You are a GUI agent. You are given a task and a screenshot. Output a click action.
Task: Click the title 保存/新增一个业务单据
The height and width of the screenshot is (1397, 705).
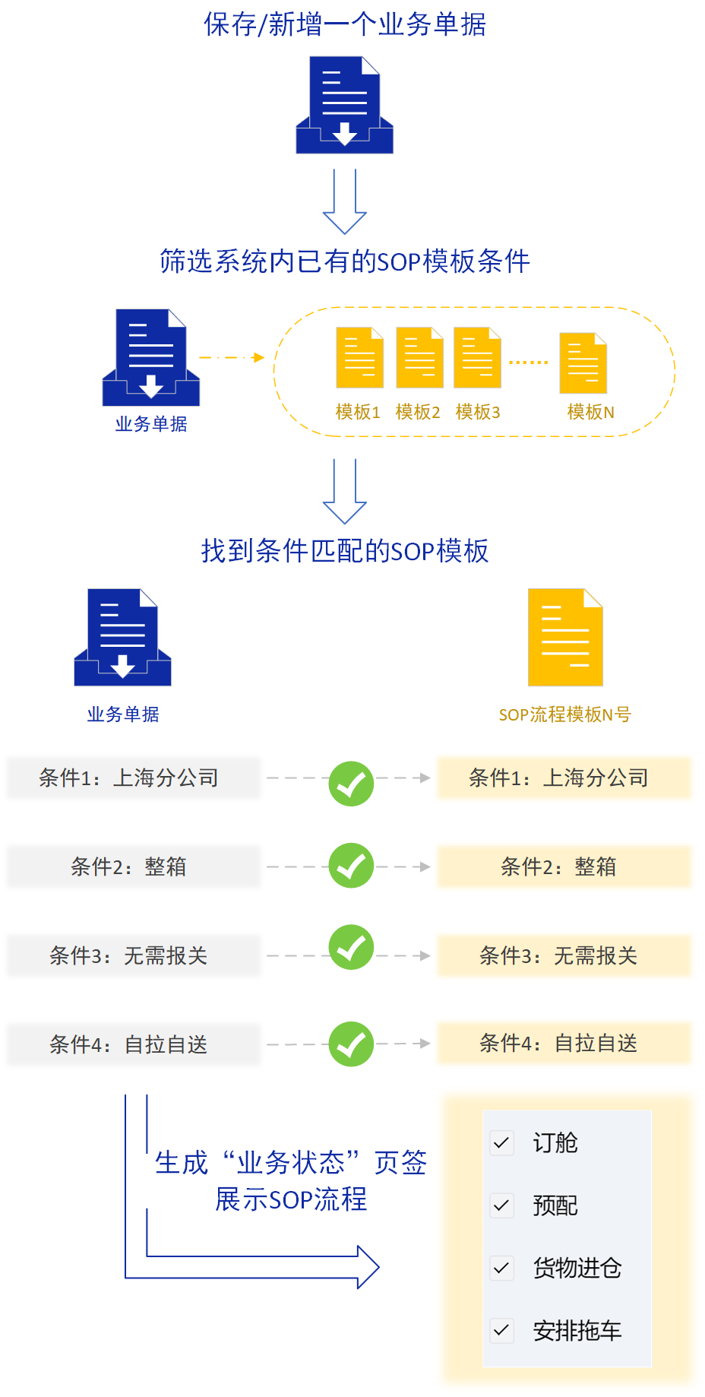345,24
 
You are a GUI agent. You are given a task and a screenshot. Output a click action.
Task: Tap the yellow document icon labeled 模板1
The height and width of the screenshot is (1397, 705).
360,357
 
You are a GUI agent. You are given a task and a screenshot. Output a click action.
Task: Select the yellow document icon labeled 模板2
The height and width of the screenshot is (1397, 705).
420,357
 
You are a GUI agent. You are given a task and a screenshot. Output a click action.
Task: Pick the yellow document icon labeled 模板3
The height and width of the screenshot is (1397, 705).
477,357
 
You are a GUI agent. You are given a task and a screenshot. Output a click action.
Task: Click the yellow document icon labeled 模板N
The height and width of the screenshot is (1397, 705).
583,363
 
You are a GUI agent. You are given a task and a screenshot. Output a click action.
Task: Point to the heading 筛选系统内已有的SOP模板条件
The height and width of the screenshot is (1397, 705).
345,261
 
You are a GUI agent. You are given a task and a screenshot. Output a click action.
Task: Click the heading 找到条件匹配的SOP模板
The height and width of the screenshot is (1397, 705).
345,551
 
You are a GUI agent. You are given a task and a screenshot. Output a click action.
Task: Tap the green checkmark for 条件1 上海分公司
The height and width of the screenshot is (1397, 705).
351,784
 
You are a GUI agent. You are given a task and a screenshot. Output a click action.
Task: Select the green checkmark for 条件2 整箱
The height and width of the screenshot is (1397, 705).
351,866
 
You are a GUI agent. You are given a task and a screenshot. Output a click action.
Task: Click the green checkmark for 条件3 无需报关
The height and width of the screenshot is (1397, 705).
351,947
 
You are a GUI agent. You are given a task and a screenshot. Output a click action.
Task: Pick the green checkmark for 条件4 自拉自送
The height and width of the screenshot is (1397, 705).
351,1044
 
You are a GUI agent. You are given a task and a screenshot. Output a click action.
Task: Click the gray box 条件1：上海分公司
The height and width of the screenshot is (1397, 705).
134,778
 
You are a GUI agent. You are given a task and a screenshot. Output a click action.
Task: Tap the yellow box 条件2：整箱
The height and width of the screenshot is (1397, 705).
564,866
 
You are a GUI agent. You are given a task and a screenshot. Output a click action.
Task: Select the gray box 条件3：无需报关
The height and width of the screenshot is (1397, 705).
134,955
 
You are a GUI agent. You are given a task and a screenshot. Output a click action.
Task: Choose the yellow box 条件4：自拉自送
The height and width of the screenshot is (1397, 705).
564,1044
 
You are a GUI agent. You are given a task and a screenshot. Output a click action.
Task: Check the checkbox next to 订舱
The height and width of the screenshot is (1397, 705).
501,1142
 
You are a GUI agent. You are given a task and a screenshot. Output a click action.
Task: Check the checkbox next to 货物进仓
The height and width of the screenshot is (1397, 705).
501,1268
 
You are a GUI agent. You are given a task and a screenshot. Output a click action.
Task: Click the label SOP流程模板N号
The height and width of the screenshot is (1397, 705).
564,714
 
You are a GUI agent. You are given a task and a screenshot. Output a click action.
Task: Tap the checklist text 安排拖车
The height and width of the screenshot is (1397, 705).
577,1331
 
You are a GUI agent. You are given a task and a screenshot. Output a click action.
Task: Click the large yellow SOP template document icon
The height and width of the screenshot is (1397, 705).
565,637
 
